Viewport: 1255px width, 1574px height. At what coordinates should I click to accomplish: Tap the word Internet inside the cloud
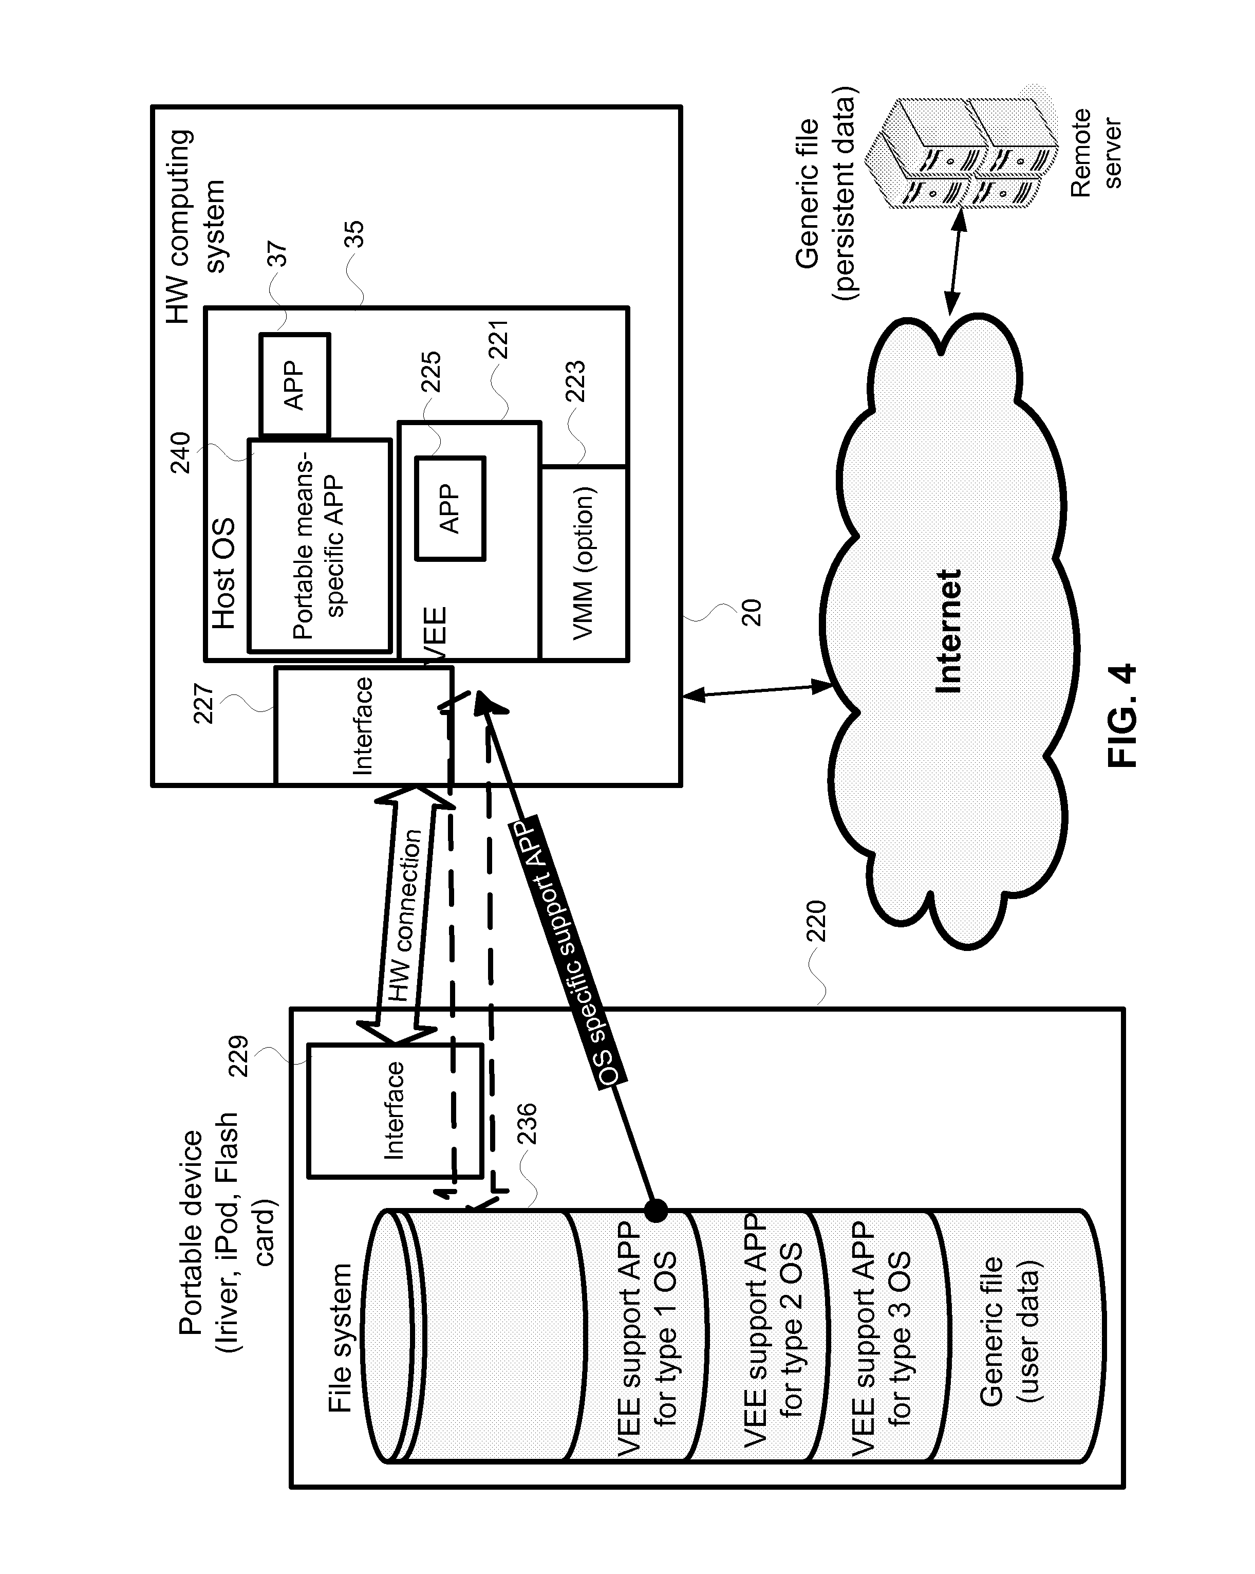pyautogui.click(x=948, y=631)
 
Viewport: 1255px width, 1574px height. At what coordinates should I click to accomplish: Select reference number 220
pyautogui.click(x=816, y=921)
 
